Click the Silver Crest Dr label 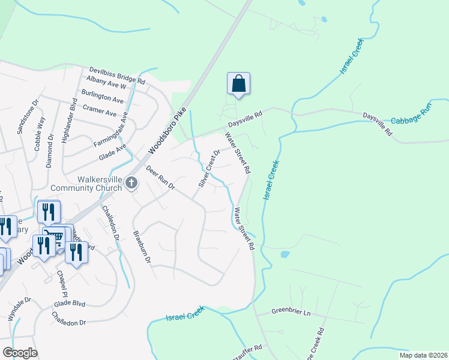[x=209, y=167]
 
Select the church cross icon [x=131, y=184]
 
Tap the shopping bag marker [x=238, y=83]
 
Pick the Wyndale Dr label [x=18, y=309]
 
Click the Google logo [x=20, y=353]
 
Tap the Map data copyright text [x=415, y=355]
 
